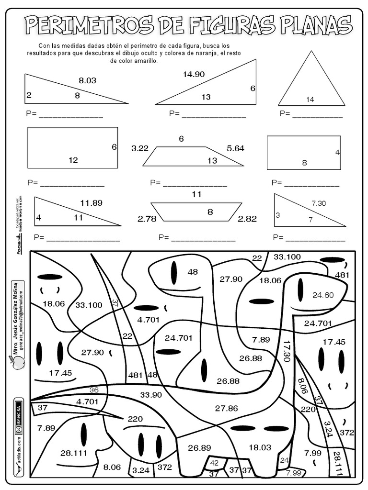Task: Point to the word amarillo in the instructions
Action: (x=143, y=61)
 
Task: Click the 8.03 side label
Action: (x=88, y=80)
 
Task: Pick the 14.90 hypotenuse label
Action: (x=194, y=74)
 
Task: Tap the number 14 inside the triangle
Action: (x=310, y=100)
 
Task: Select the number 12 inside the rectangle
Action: (x=73, y=160)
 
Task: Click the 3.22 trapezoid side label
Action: (x=140, y=148)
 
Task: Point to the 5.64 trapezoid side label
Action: (x=235, y=148)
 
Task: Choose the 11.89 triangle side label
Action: (x=91, y=203)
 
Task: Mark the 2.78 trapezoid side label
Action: (x=147, y=219)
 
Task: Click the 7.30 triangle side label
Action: (x=318, y=203)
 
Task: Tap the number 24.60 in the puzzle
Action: (x=322, y=295)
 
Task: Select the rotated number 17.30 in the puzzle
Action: (x=287, y=351)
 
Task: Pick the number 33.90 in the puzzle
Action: (x=151, y=395)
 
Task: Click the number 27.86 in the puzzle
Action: (x=226, y=408)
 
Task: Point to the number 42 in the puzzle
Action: (x=214, y=463)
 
